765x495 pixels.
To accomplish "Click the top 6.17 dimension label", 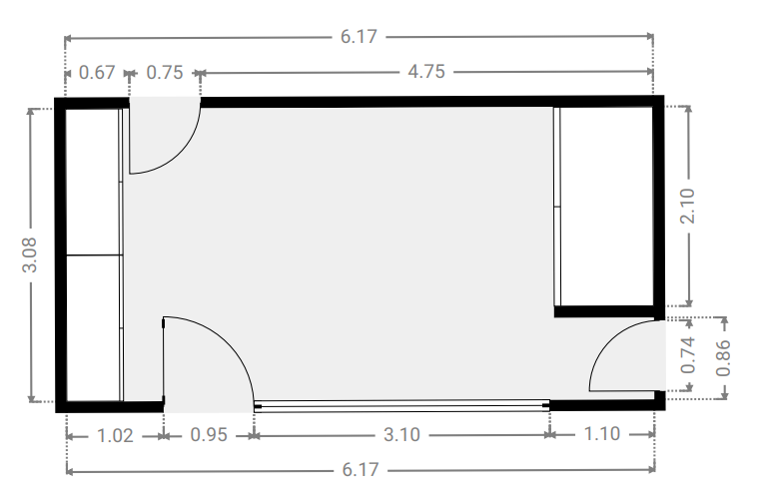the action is [359, 37].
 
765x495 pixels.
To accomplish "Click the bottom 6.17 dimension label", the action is [361, 470].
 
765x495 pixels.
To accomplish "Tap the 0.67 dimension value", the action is [97, 73].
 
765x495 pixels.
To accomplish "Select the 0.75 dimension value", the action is [165, 73].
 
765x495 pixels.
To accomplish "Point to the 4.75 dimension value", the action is [426, 72].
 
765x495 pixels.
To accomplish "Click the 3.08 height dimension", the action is [30, 254].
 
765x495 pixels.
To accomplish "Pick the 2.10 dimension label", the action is [687, 206].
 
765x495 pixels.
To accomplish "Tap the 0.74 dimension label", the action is [687, 355].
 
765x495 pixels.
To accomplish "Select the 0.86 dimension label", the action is [723, 358].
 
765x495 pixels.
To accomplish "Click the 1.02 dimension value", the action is [115, 435].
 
